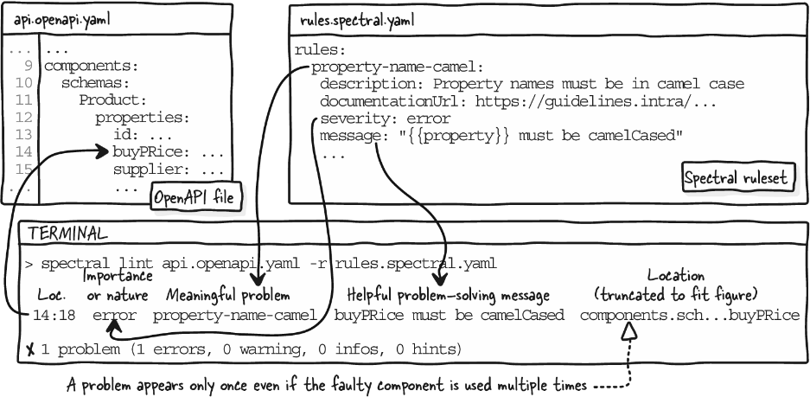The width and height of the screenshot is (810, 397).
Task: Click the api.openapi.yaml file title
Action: (62, 21)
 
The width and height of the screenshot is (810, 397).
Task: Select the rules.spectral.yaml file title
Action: (356, 21)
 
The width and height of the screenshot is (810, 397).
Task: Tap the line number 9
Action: (28, 66)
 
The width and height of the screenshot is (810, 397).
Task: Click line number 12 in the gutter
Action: (24, 118)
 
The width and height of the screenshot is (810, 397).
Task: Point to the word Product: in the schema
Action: (113, 99)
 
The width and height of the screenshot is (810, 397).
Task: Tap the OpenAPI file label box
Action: (195, 197)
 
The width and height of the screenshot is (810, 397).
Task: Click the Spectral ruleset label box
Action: (737, 178)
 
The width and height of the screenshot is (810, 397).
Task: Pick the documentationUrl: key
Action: (393, 101)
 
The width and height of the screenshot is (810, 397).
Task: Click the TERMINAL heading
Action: (67, 234)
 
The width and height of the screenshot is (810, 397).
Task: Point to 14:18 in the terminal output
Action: (54, 316)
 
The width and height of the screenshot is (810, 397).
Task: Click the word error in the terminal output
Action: (115, 316)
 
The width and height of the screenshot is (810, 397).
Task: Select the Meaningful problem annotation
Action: (228, 296)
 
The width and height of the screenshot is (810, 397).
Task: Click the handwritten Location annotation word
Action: (676, 276)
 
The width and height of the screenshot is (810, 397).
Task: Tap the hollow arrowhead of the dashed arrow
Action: (628, 330)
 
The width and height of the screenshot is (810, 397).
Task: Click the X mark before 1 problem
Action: (30, 350)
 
